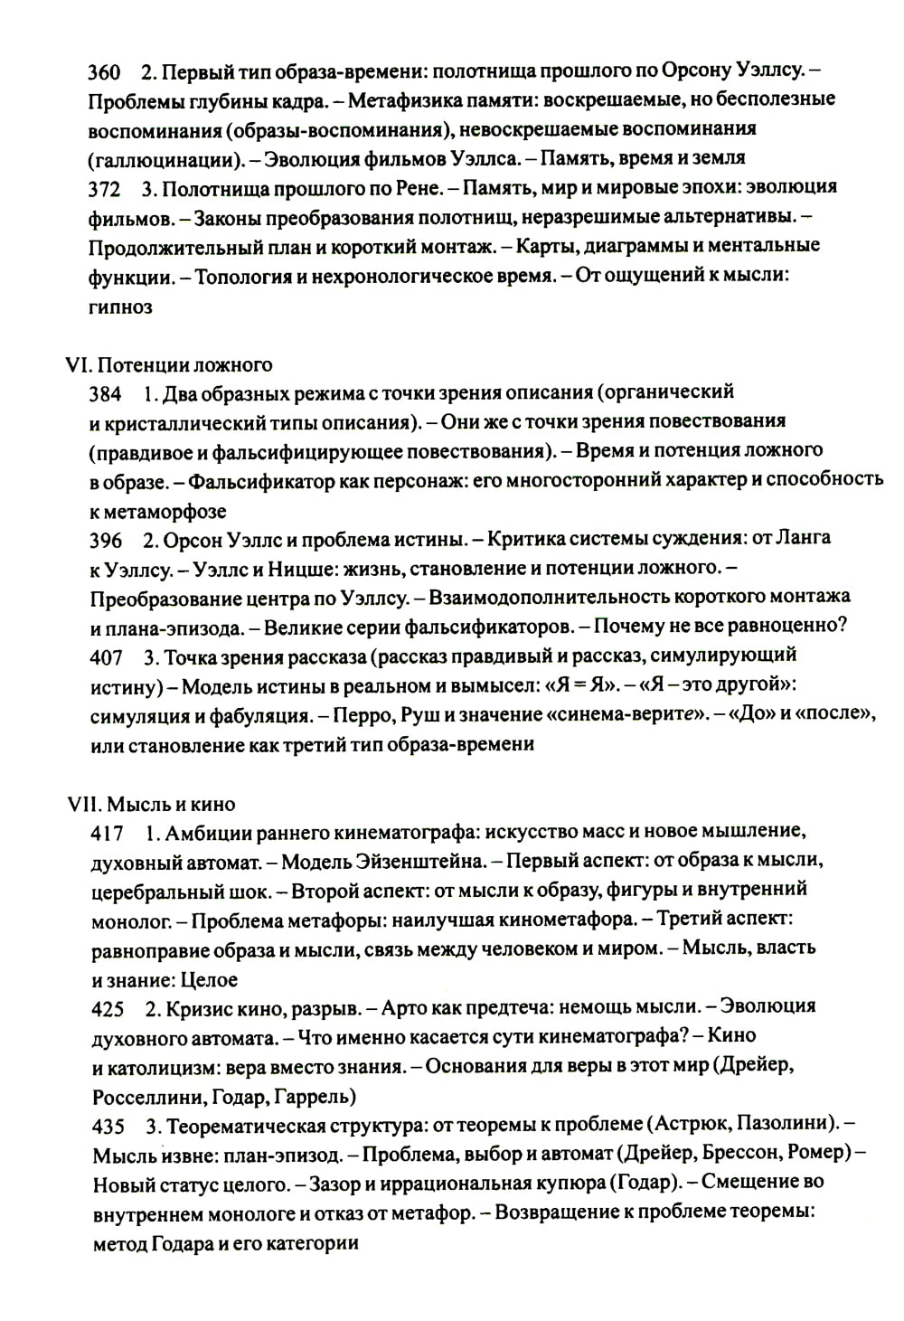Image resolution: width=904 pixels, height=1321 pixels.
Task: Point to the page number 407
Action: (106, 656)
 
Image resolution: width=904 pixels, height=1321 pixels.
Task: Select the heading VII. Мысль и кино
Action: (151, 804)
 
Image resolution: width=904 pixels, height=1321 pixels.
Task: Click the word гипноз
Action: (121, 307)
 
